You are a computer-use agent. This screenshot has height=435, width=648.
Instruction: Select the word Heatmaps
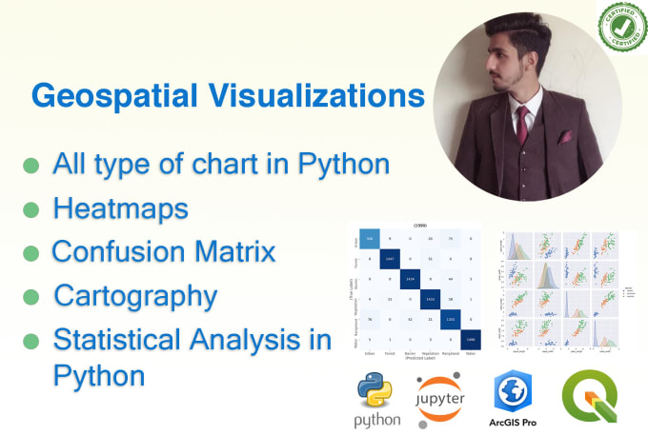(120, 208)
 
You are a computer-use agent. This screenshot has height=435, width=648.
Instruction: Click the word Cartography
(135, 295)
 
